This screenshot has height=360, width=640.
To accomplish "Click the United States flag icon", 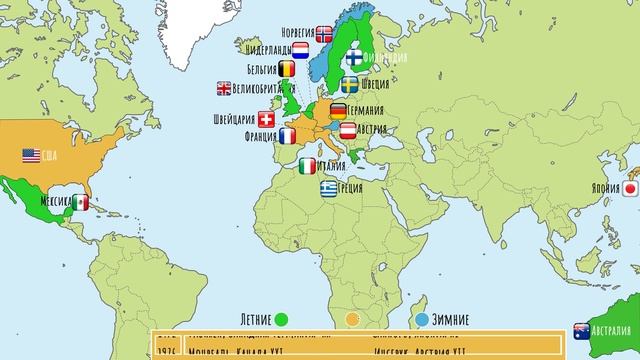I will tap(31, 155).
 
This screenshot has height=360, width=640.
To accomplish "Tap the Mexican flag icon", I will tap(80, 202).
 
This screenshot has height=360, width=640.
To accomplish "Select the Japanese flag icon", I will tap(631, 187).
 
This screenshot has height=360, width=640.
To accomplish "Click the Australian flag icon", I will tap(582, 330).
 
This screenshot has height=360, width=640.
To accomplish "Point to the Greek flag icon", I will tap(329, 187).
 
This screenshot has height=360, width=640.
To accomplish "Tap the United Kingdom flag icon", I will tap(223, 88).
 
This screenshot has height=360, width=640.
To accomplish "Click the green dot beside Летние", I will tap(283, 320).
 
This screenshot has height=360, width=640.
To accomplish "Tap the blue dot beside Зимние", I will tap(421, 320).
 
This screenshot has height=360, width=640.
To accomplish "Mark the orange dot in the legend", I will tap(352, 320).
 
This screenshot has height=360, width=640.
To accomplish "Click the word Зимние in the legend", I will tap(454, 320).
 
